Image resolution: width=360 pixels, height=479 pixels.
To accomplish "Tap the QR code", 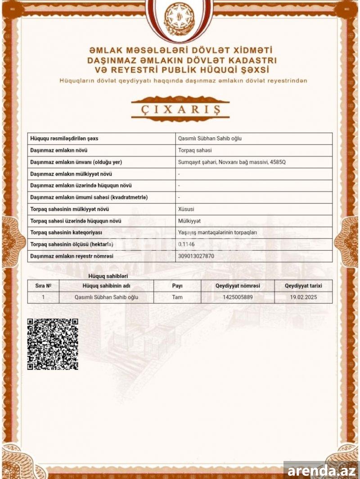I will click(x=53, y=344).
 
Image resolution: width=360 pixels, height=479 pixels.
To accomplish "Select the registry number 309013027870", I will click(x=196, y=256).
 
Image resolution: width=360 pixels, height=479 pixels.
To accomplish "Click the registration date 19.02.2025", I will click(x=303, y=297).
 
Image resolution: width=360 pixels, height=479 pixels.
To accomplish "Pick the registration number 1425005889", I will click(x=238, y=297).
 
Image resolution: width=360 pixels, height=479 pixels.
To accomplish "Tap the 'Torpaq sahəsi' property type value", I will click(x=195, y=150).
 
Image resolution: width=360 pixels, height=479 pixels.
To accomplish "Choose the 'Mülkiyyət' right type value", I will click(x=189, y=221).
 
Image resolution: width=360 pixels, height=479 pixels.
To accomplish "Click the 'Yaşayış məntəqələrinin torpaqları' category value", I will click(x=217, y=232).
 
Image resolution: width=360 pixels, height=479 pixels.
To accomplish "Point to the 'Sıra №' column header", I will click(x=43, y=285).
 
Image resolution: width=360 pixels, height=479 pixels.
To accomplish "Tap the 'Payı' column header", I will click(x=177, y=285).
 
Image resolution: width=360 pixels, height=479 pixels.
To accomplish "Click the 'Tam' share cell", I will click(x=177, y=297).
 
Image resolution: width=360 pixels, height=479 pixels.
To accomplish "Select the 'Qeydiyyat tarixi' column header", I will click(x=303, y=285).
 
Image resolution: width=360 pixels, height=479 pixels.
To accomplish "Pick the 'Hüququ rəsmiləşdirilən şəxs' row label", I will click(x=63, y=139).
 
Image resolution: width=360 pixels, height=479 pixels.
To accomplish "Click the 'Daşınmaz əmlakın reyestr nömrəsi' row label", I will click(x=72, y=256).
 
